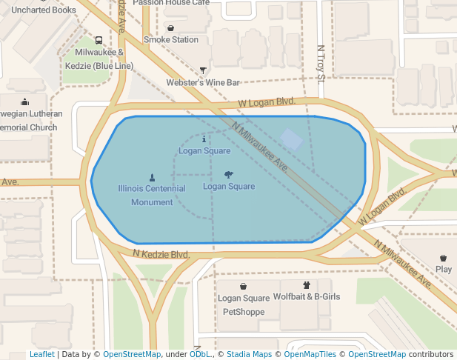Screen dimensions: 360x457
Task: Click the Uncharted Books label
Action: [44, 10]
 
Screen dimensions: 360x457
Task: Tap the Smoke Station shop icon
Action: [171, 28]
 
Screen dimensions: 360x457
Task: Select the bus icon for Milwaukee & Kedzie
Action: [99, 41]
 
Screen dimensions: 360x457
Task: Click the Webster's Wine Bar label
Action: [203, 83]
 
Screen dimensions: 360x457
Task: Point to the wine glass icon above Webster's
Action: [203, 71]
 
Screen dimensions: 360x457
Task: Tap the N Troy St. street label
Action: [321, 62]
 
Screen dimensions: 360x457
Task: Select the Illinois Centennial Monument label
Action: [152, 195]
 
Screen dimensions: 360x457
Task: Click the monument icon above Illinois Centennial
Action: [152, 177]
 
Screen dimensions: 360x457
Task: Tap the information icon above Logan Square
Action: [204, 139]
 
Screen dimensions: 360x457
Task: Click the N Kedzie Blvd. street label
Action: [161, 254]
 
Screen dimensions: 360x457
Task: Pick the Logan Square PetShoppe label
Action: [244, 304]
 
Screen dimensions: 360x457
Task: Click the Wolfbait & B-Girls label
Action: [307, 296]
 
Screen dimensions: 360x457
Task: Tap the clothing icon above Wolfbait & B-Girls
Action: [306, 284]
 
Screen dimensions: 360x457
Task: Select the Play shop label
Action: [444, 270]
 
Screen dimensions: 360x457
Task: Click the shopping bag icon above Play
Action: [444, 258]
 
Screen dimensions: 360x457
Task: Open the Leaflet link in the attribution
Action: [41, 355]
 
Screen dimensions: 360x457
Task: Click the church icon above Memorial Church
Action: [25, 102]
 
